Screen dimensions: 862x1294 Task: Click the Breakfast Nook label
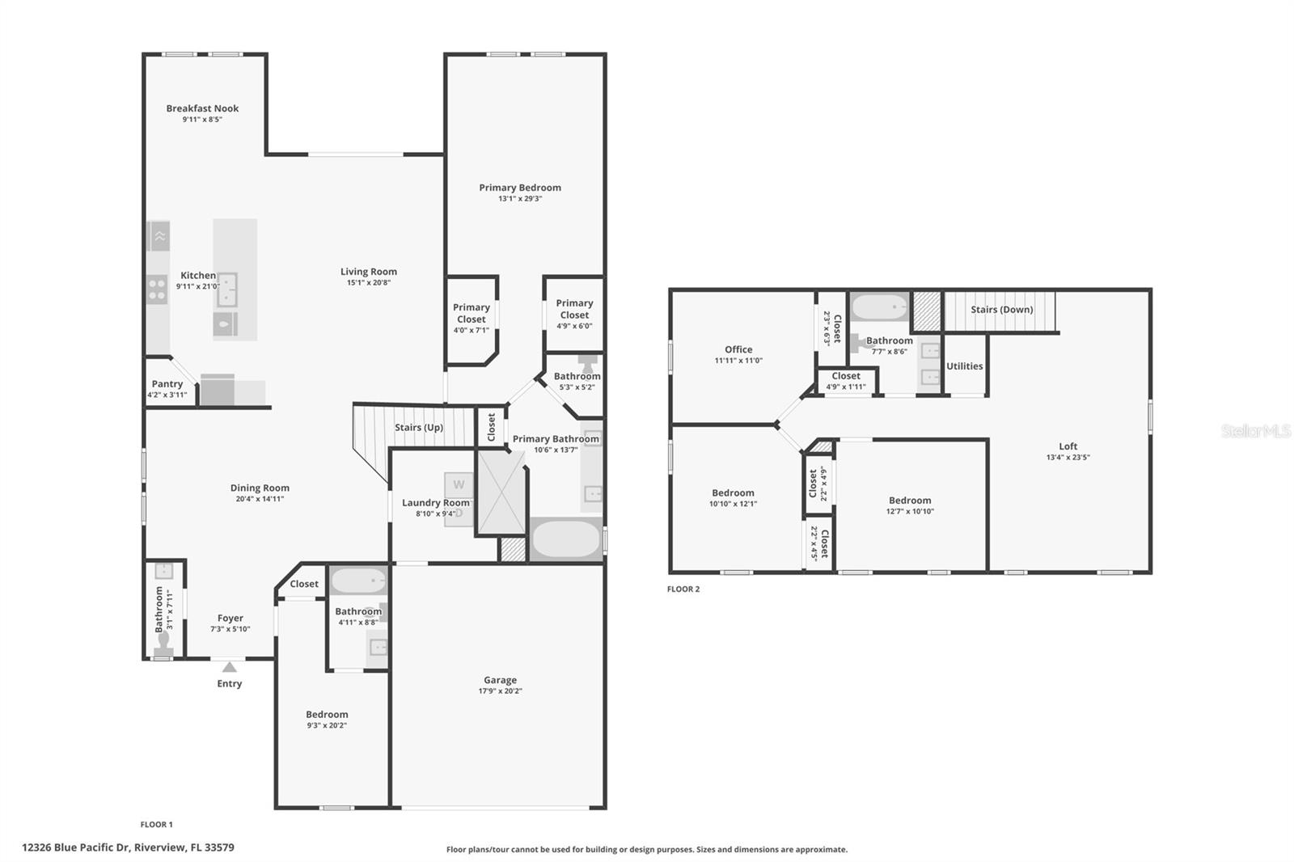(x=202, y=108)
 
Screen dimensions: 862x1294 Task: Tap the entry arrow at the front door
(x=230, y=667)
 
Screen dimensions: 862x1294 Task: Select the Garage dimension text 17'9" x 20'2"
(x=500, y=691)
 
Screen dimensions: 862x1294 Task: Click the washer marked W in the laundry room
(x=459, y=485)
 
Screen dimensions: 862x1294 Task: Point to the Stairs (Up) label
(x=418, y=428)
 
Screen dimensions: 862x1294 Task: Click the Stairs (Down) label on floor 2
(x=1001, y=310)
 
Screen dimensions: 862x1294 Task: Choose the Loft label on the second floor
(x=1068, y=446)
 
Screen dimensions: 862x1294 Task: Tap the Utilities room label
(x=964, y=366)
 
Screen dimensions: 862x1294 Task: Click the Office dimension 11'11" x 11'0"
(x=738, y=361)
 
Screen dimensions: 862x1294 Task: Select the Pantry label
(x=167, y=384)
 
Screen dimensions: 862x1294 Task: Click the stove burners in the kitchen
(x=157, y=289)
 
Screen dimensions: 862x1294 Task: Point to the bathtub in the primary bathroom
(x=565, y=540)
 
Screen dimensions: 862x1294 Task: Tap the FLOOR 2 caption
(x=683, y=589)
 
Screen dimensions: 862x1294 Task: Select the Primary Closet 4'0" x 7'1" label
(x=472, y=318)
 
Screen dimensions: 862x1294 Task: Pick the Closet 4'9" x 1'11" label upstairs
(x=846, y=381)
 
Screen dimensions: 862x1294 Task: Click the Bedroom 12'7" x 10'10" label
(x=910, y=505)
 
